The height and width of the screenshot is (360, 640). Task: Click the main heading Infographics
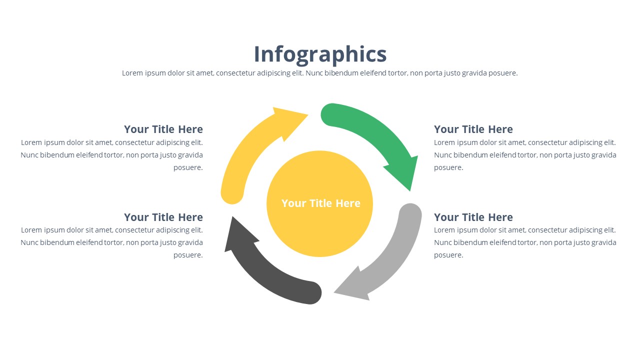click(x=320, y=54)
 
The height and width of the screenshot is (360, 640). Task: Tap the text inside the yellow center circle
click(x=320, y=203)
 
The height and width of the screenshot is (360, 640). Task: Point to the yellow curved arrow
click(x=245, y=150)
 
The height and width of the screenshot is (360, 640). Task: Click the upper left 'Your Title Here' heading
click(x=163, y=129)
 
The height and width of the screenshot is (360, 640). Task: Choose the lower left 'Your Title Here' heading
click(x=163, y=217)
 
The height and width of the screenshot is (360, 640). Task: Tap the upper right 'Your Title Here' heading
click(x=473, y=129)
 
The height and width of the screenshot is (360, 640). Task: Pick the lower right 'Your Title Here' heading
click(x=473, y=217)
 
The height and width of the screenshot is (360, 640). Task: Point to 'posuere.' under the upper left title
click(x=188, y=167)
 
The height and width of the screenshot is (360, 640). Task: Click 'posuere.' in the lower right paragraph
click(x=448, y=255)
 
